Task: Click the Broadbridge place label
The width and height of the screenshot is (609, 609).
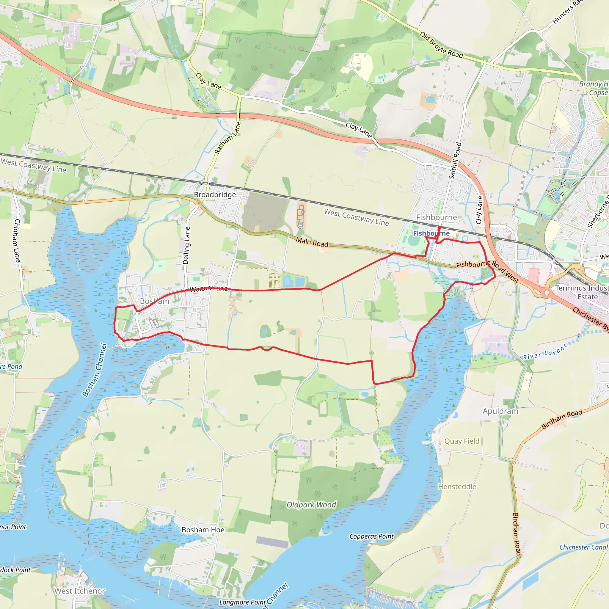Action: click(x=215, y=195)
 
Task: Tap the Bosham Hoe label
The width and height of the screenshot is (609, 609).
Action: click(x=203, y=530)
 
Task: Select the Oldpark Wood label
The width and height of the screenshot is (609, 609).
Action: click(x=311, y=505)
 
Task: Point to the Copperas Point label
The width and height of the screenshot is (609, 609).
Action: click(x=371, y=536)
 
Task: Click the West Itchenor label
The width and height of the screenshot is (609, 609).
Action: click(x=80, y=591)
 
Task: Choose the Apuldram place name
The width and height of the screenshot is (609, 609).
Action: click(x=500, y=411)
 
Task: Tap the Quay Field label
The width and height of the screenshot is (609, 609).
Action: click(x=462, y=441)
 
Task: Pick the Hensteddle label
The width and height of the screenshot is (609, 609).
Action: click(x=457, y=487)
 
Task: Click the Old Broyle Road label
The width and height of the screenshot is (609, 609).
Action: click(x=441, y=45)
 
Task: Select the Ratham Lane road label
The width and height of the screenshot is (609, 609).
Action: click(x=227, y=138)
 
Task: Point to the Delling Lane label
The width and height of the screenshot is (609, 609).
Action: click(x=187, y=246)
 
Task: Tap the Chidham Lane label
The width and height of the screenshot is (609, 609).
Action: click(x=17, y=241)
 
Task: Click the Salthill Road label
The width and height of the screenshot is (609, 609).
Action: click(x=455, y=161)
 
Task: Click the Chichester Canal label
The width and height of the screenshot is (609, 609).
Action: click(x=583, y=547)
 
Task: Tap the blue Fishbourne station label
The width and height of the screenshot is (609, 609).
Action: click(x=431, y=233)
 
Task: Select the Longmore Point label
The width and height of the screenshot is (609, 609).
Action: click(x=243, y=602)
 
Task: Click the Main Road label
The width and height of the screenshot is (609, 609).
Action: click(x=312, y=242)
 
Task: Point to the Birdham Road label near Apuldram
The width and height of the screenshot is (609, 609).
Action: click(x=562, y=419)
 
